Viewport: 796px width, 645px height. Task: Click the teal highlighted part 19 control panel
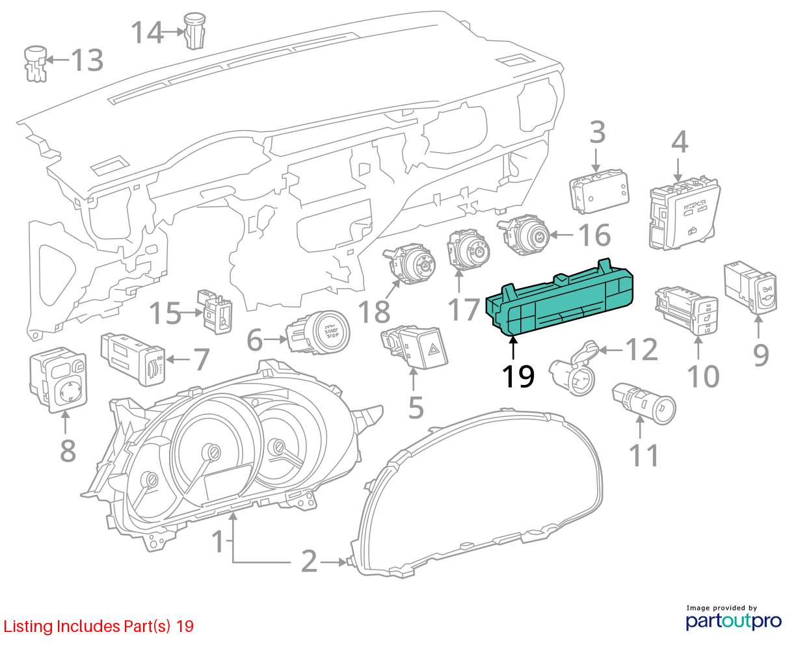point(559,299)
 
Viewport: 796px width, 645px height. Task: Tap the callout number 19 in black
point(518,376)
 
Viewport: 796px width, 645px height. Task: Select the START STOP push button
point(317,332)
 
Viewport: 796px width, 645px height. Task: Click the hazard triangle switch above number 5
point(415,346)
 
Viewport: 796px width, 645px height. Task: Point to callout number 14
point(147,33)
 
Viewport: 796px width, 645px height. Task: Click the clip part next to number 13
point(36,64)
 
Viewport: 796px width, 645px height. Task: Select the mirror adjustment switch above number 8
point(59,380)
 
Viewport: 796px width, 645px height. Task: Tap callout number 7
point(202,360)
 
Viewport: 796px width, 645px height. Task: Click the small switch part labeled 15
point(215,311)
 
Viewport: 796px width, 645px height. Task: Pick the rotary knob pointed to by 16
point(524,234)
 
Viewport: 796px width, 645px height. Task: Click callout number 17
point(464,309)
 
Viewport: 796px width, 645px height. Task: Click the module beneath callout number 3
point(599,192)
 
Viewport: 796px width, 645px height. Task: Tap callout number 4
point(680,142)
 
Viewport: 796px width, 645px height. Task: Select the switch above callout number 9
point(750,287)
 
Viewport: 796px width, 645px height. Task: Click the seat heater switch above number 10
point(687,311)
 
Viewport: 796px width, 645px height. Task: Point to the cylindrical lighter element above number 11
point(644,404)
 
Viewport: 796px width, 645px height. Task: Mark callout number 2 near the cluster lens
point(309,562)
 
